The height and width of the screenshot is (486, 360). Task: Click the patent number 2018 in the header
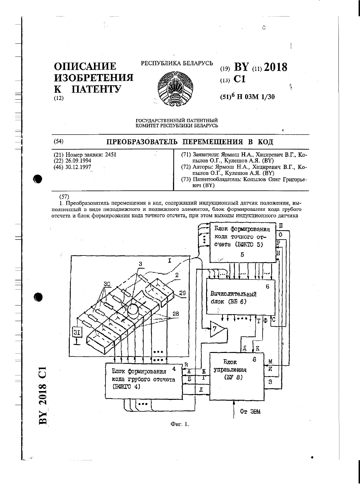coord(275,67)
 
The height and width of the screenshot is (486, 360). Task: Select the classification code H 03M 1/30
coord(256,97)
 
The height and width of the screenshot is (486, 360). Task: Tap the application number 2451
coord(111,155)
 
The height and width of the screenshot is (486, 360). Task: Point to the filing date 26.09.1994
coord(78,161)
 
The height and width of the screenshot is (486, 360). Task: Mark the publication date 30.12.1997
coord(78,167)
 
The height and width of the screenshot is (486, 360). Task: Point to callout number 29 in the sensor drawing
coord(182,293)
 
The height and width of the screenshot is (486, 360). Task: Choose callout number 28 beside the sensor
coord(175,314)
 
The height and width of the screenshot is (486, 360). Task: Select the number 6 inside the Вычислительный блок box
coord(267,286)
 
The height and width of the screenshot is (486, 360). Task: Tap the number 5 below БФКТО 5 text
coord(242,255)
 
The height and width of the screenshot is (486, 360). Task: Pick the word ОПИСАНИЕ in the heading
coord(85,67)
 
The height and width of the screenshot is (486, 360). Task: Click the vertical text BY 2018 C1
coord(43,395)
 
